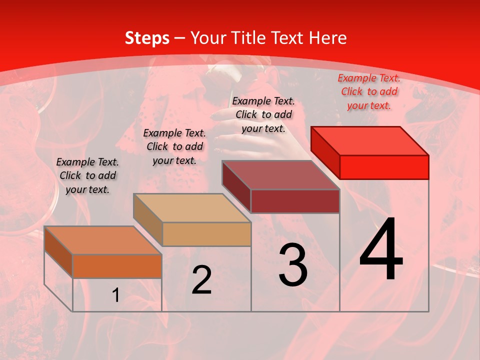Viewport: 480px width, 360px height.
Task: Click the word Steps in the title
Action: click(x=146, y=38)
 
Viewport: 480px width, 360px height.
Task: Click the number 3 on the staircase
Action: click(x=293, y=265)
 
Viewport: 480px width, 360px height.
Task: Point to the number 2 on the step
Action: click(x=201, y=280)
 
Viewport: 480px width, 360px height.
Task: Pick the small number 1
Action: click(x=116, y=295)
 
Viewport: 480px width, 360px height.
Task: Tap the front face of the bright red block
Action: click(x=384, y=167)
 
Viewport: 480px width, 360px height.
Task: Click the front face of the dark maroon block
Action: click(x=295, y=201)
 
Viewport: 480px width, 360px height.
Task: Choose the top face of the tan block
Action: click(x=192, y=208)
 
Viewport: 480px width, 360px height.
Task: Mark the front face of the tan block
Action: click(x=206, y=234)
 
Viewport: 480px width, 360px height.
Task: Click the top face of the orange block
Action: click(x=103, y=240)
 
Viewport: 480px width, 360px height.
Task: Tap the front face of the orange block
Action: click(x=117, y=266)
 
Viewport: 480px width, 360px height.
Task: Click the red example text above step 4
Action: click(x=369, y=91)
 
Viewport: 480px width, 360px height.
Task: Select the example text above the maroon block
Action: click(x=263, y=114)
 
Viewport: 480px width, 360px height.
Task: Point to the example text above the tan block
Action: click(x=174, y=146)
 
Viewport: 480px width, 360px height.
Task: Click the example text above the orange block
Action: click(x=87, y=175)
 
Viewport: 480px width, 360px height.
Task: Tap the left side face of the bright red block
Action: click(x=325, y=152)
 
